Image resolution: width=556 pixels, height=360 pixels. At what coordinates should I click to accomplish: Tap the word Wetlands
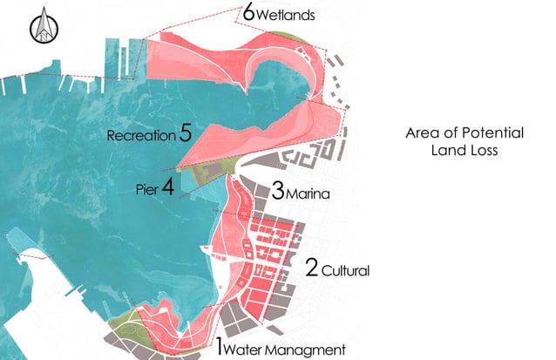tap(287, 16)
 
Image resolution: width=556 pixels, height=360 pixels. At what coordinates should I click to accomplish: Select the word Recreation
tap(140, 136)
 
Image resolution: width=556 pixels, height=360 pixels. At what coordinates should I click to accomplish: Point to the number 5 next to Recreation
tap(186, 133)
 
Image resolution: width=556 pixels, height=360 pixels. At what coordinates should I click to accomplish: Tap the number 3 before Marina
tap(278, 189)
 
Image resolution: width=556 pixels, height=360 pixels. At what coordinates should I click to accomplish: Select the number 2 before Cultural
tap(310, 267)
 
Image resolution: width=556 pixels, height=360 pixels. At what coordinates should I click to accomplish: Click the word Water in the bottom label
tap(247, 350)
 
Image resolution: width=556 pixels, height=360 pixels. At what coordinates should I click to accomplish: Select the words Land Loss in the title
tap(465, 151)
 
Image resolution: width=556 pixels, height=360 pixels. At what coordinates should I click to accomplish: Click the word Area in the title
tap(423, 134)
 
